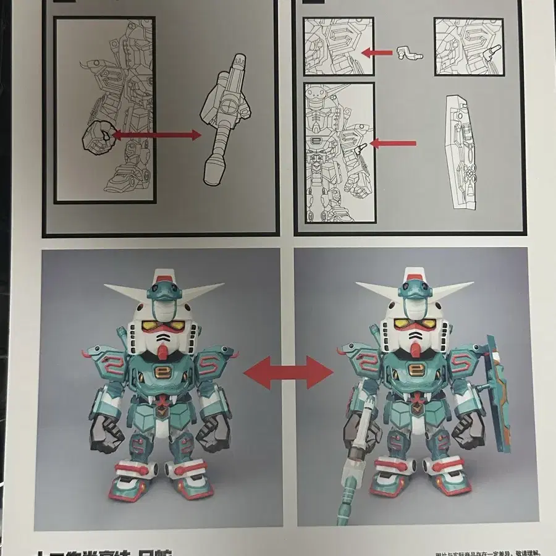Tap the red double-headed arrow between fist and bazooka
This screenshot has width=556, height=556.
[157, 135]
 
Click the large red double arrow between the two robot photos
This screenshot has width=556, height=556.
[288, 371]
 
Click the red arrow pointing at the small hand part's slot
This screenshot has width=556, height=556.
[376, 53]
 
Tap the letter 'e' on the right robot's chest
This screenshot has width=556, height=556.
[413, 373]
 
